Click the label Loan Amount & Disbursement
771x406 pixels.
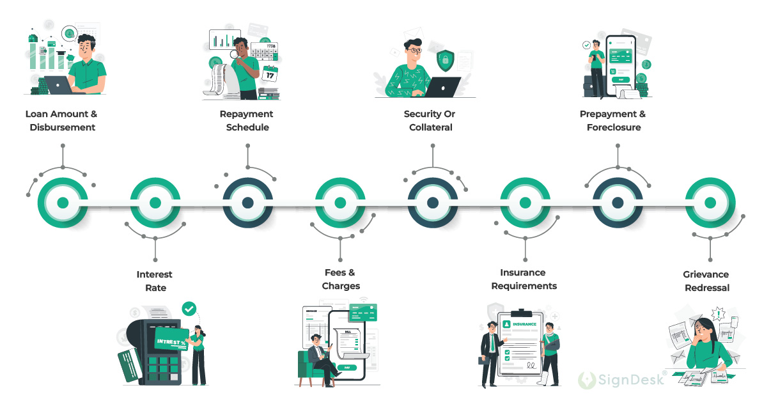click(x=62, y=120)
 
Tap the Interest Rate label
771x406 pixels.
click(x=155, y=281)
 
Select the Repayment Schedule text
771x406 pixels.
click(x=247, y=120)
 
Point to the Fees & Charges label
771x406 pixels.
click(x=340, y=279)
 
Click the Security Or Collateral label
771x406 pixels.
click(x=430, y=120)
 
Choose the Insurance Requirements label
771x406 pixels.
click(x=524, y=279)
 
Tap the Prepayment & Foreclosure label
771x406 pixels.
click(x=613, y=120)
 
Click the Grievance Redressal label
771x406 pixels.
click(x=706, y=281)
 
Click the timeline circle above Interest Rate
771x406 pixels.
click(x=155, y=203)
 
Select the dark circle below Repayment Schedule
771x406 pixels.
click(x=247, y=203)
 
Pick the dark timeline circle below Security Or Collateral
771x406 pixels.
click(x=433, y=203)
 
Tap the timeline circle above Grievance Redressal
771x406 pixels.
click(x=710, y=203)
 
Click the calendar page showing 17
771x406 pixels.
click(x=270, y=74)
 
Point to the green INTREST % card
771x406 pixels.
click(x=171, y=341)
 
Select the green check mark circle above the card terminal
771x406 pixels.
click(x=189, y=309)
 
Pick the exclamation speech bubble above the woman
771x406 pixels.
click(x=719, y=314)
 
